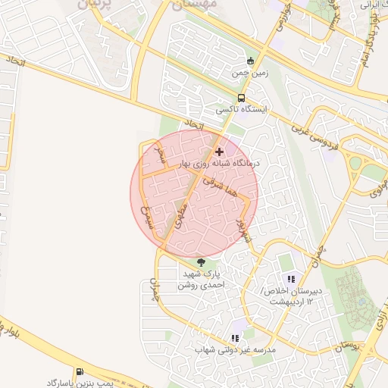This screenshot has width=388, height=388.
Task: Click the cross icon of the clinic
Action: coord(220,152)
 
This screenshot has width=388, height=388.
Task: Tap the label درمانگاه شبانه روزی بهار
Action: coord(220,163)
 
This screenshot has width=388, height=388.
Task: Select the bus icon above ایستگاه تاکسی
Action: coord(241,98)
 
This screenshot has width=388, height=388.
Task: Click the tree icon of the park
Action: coord(200,262)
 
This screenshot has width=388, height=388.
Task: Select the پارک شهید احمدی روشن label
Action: coord(202,280)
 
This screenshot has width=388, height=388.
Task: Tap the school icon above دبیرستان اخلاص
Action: coord(310,279)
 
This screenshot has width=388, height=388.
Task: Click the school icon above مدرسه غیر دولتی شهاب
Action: coord(234,338)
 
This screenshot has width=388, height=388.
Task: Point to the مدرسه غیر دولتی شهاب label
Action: coord(234,350)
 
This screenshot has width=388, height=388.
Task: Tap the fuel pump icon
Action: coord(80,371)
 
